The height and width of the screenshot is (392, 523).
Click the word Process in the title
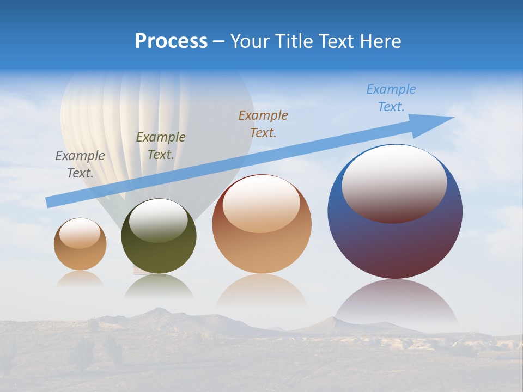click(x=171, y=41)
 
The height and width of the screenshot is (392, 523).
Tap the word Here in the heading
click(x=379, y=41)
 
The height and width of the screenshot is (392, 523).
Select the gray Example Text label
click(x=80, y=164)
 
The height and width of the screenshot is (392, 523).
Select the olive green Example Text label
click(x=161, y=146)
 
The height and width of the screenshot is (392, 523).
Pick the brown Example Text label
click(x=263, y=124)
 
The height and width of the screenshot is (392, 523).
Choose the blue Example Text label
click(x=391, y=98)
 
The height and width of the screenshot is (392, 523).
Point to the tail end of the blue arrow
click(x=50, y=202)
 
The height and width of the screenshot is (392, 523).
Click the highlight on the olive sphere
click(x=159, y=220)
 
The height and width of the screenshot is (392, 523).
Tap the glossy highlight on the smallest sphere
click(x=80, y=234)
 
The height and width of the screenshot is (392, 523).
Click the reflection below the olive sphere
click(x=159, y=286)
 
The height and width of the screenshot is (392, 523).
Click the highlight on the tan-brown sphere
click(x=261, y=204)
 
